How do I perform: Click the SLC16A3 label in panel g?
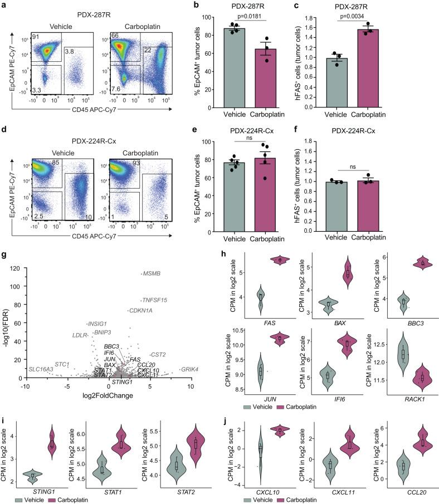(41, 369)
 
